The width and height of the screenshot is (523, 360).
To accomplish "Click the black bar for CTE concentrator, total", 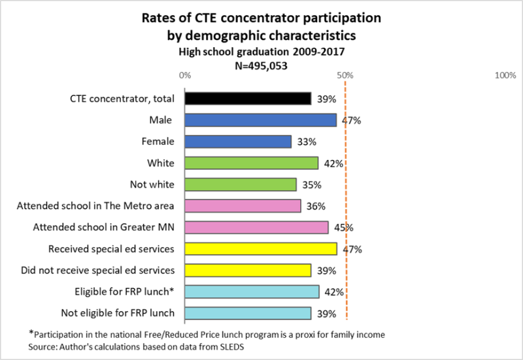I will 247,99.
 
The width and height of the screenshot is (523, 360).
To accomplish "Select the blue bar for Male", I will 260,120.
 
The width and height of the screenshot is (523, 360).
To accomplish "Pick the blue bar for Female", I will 237,142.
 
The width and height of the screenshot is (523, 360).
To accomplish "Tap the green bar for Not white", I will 241,184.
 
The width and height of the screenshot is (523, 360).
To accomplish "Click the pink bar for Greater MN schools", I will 256,227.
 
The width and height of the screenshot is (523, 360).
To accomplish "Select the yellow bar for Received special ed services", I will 260,249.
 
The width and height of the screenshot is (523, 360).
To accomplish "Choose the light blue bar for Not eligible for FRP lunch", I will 247,313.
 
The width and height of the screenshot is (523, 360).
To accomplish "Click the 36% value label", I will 316,206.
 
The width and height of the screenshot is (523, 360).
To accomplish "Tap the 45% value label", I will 344,228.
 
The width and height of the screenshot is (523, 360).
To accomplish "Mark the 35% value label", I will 312,185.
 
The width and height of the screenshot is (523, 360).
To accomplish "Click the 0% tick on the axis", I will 185,76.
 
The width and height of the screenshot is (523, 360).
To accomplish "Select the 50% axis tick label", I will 345,76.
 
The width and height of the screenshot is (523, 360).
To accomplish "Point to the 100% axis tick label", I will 506,76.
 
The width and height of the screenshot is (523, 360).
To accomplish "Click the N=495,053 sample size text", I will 261,65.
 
